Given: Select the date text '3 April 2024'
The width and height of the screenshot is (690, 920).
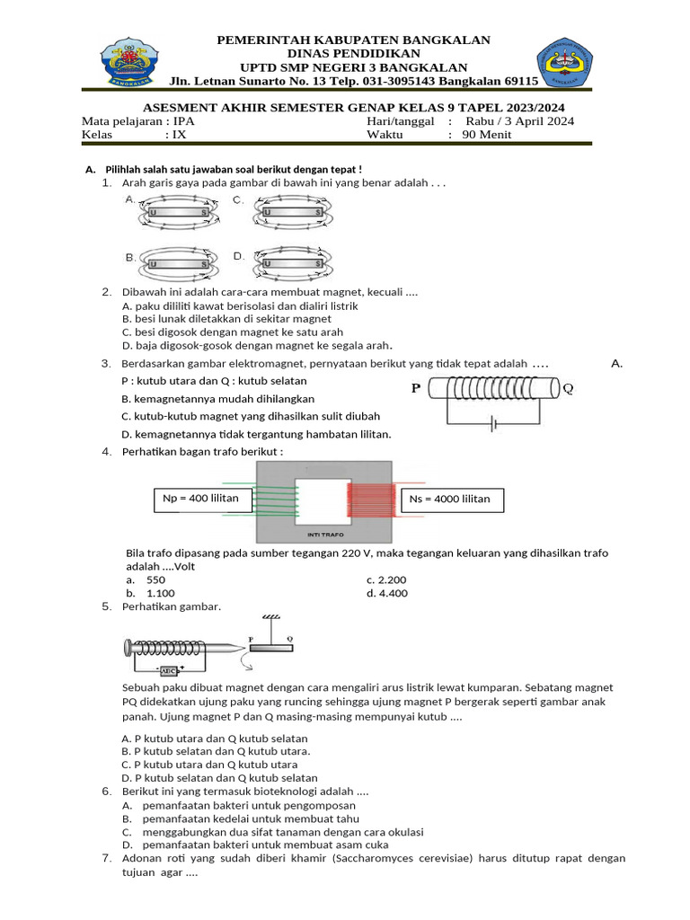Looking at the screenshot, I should click(535, 121).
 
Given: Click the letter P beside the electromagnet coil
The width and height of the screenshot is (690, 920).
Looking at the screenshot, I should click(415, 389).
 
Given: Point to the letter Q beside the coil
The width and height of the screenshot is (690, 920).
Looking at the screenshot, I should click(568, 389).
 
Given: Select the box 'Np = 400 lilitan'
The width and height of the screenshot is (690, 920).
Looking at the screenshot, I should click(200, 500).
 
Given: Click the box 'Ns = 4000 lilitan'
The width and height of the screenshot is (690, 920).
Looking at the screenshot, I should click(450, 500).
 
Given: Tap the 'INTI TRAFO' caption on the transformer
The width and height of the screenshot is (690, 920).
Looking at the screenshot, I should click(324, 534).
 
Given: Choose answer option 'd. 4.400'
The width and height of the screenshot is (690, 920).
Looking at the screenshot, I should click(386, 593).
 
